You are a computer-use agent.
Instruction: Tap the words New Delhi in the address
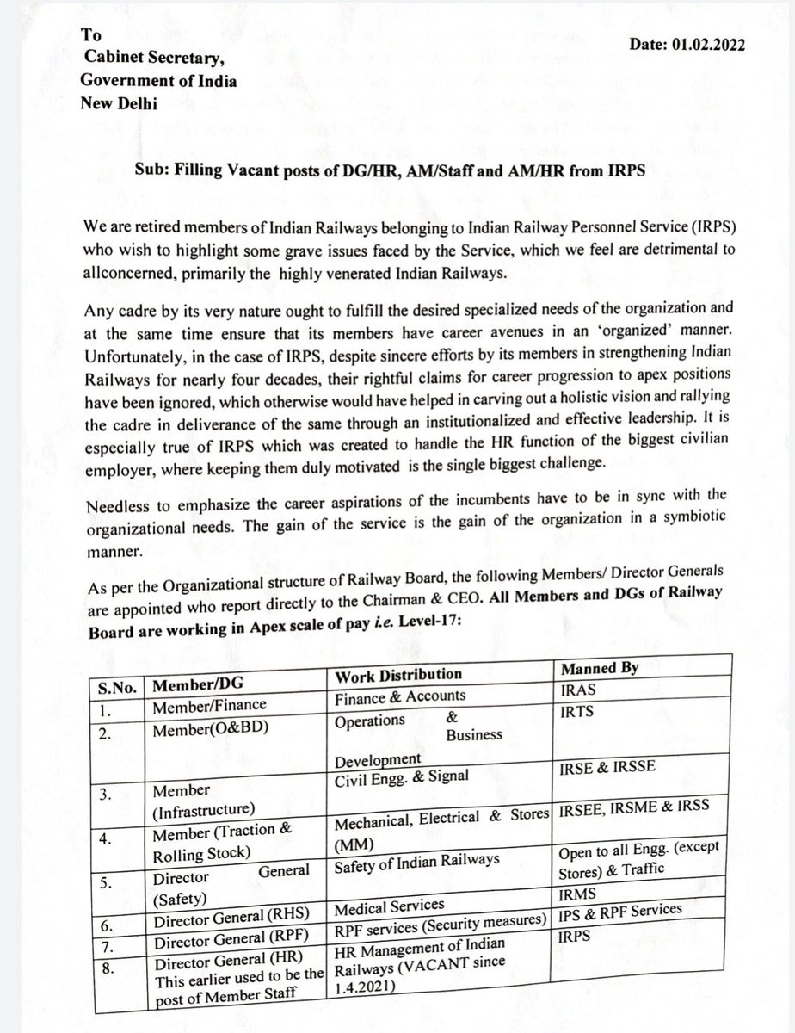pos(121,102)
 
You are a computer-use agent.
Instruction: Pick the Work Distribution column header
pos(398,673)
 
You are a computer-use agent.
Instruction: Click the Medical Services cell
pos(390,906)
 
